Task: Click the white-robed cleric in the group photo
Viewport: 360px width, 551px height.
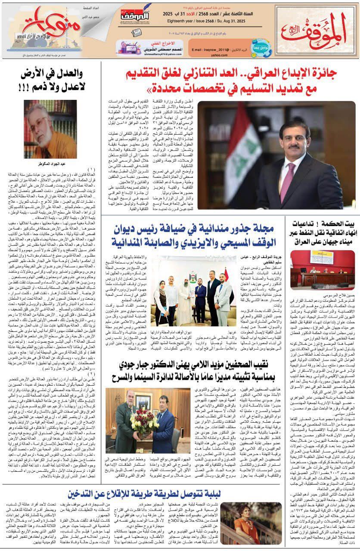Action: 186,297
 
